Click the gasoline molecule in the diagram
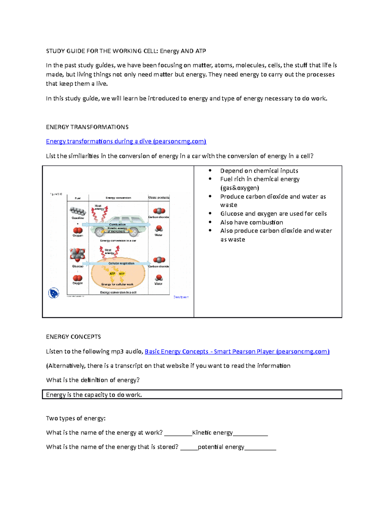click(78, 211)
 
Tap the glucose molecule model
click(77, 254)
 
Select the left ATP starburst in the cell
click(112, 274)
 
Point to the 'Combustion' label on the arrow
click(117, 225)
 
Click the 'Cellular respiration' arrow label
click(121, 263)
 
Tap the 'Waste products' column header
click(159, 198)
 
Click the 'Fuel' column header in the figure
click(78, 198)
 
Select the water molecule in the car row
click(159, 229)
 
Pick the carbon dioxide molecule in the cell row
click(159, 260)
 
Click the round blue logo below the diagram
click(54, 293)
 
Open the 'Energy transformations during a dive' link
click(126, 141)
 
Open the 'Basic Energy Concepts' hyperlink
click(237, 352)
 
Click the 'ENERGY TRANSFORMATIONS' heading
click(87, 127)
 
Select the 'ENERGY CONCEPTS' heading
click(73, 337)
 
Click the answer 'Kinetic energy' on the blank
click(212, 433)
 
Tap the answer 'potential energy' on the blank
click(221, 447)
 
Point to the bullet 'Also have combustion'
click(252, 222)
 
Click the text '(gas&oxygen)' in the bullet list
click(239, 188)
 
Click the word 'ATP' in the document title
click(201, 51)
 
